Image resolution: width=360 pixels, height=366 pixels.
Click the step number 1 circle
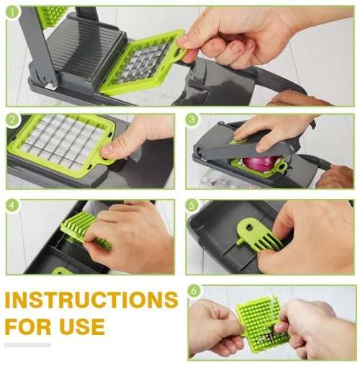13,13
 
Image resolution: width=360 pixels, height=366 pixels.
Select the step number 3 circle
192,120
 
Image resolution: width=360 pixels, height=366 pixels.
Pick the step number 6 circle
194,292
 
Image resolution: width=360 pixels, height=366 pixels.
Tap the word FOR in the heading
29,326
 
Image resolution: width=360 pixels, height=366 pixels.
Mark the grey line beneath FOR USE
28,345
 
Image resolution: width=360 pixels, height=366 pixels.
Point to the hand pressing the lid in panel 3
270,130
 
